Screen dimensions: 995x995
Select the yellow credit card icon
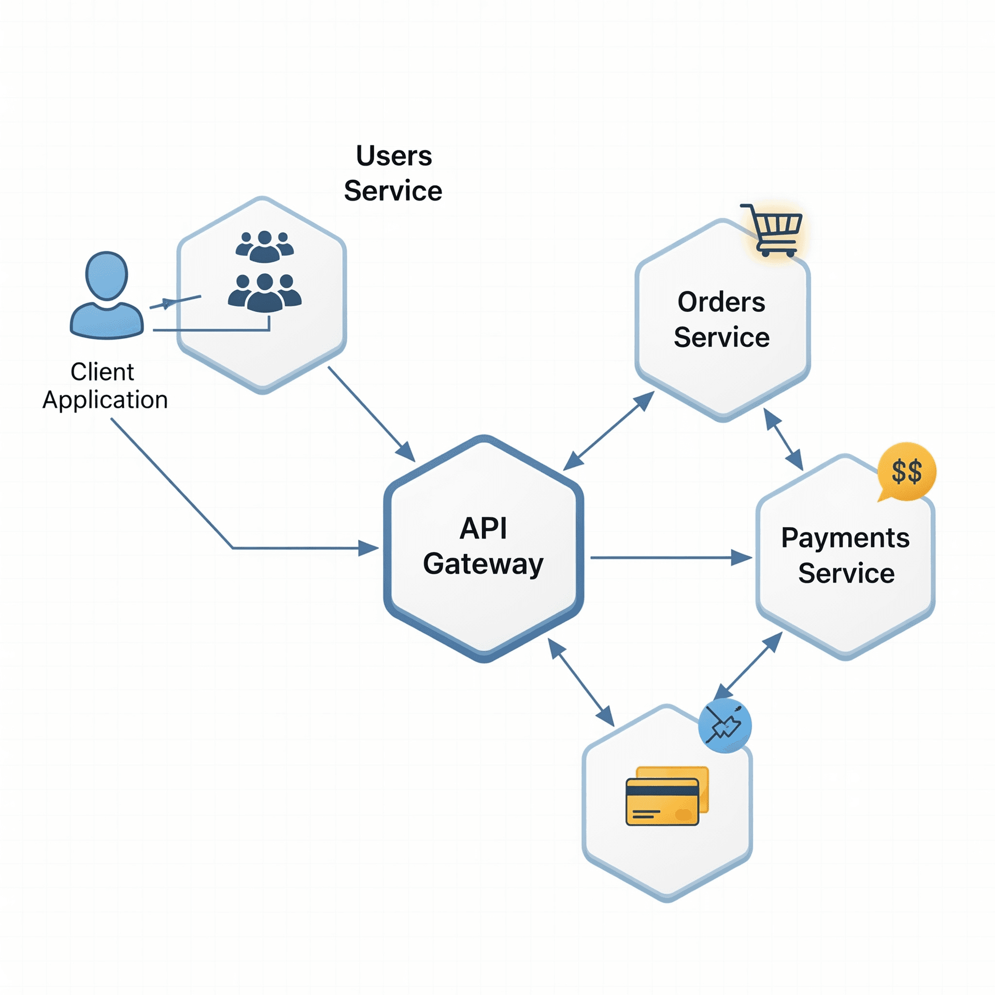(x=666, y=795)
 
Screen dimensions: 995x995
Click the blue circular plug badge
(x=724, y=726)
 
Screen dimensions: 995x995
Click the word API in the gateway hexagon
(x=483, y=528)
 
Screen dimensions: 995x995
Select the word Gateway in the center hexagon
(x=483, y=564)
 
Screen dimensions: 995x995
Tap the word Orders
(x=721, y=302)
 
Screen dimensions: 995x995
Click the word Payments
(x=845, y=537)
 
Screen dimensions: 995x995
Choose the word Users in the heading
(x=394, y=155)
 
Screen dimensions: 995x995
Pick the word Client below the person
(x=102, y=372)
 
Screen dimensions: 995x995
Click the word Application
(x=105, y=400)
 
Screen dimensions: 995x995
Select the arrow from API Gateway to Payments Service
(x=671, y=558)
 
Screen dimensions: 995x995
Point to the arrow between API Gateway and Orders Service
(x=609, y=431)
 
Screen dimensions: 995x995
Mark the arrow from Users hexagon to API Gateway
(x=371, y=414)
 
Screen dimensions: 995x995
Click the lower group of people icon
(x=264, y=293)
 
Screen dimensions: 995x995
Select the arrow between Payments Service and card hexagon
(x=748, y=666)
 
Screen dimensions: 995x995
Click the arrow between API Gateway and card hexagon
(x=581, y=682)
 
